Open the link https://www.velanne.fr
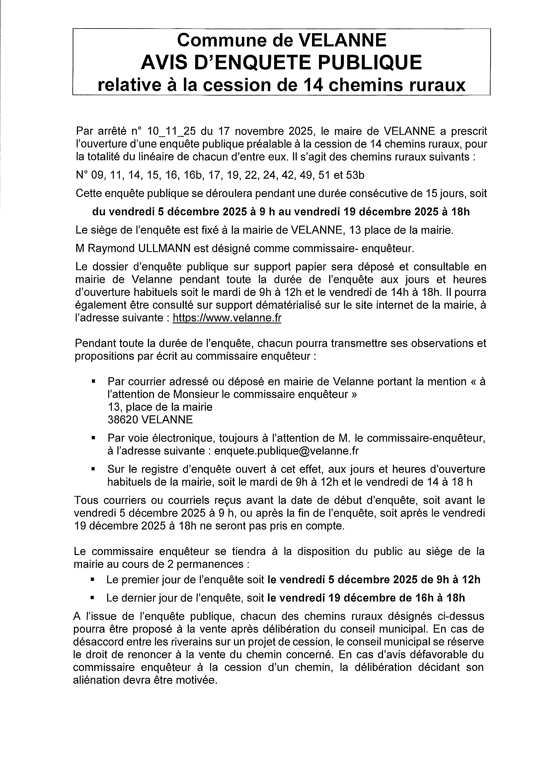[x=227, y=318]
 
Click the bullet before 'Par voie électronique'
[x=93, y=438]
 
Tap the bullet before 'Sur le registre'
[x=93, y=469]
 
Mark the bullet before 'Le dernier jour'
[x=92, y=598]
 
